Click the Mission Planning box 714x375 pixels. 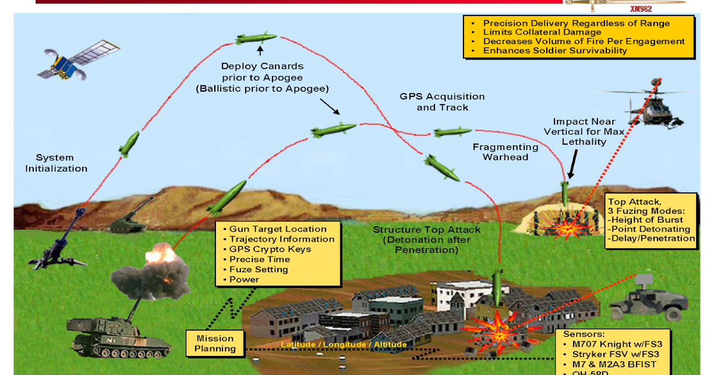[x=215, y=343]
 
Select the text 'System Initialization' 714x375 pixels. [x=56, y=163]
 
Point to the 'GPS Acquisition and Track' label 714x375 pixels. [x=442, y=102]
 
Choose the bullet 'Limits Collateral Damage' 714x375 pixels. [x=541, y=32]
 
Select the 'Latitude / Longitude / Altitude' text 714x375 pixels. [x=343, y=345]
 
